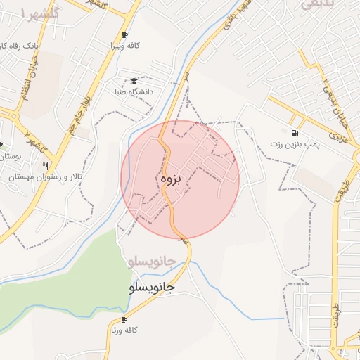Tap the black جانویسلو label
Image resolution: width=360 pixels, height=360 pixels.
[x=152, y=288]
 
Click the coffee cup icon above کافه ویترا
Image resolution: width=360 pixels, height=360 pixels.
[x=124, y=35]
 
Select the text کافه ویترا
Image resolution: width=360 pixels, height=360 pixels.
[x=124, y=46]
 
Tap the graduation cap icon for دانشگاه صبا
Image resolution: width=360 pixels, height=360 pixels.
[x=134, y=80]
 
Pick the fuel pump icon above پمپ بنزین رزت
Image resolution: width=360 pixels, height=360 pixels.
[x=292, y=133]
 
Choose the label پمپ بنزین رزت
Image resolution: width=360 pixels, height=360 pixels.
[x=294, y=143]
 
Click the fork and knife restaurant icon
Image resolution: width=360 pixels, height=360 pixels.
[x=46, y=167]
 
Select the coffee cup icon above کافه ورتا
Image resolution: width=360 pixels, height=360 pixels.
[x=124, y=319]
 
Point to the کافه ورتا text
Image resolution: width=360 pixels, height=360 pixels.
[x=124, y=330]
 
